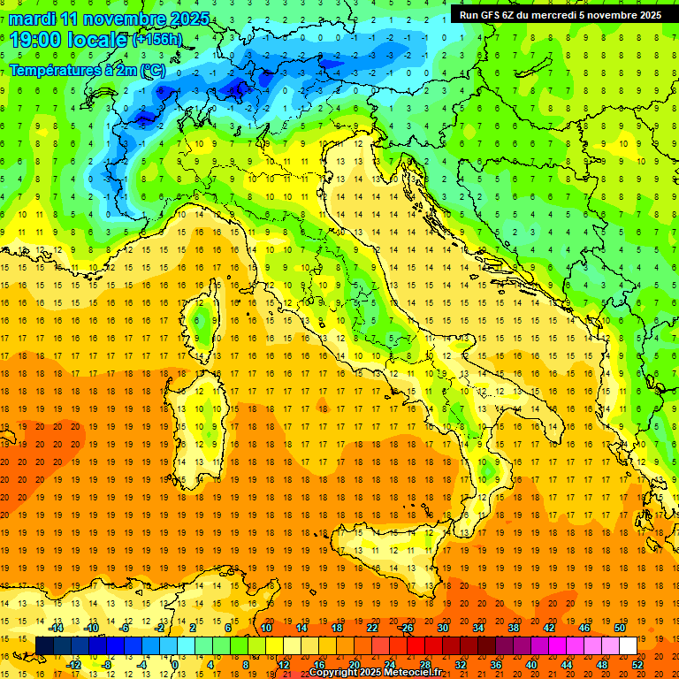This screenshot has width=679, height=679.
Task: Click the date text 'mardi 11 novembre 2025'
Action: coord(110,19)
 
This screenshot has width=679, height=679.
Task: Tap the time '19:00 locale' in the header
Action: coord(69,39)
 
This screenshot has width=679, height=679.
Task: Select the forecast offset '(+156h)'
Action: coord(157,40)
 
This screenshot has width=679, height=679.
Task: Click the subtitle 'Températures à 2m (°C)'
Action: coord(87,69)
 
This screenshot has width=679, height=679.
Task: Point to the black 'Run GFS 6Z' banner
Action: coord(560,14)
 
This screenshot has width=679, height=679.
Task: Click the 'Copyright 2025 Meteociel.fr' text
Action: coord(381,672)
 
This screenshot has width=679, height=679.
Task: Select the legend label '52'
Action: coord(637,664)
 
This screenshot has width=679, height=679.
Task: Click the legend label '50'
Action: coord(619,627)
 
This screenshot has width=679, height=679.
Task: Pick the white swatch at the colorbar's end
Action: coord(628,645)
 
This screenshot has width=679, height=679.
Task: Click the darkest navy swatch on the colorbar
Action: coord(44,645)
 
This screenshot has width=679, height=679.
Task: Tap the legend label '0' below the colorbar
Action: coord(174,664)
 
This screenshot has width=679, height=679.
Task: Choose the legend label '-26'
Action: coord(406,627)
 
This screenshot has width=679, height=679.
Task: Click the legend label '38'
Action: coord(513,627)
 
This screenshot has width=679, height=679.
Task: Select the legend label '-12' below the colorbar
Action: coord(74,664)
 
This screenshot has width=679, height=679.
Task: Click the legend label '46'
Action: coord(584,627)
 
